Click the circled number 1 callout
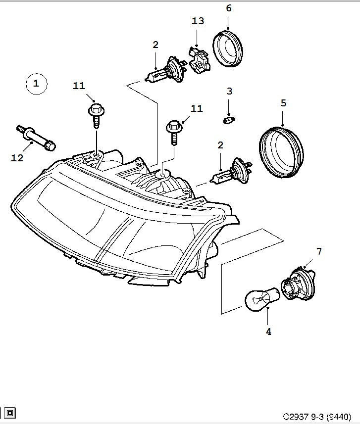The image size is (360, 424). (x=37, y=84)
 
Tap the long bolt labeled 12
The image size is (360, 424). (x=36, y=138)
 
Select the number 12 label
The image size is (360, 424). (x=17, y=158)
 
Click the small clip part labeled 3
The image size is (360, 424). (x=229, y=120)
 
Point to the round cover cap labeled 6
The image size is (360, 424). (x=228, y=48)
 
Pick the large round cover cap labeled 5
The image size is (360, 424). (x=281, y=151)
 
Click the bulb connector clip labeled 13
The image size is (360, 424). (x=200, y=60)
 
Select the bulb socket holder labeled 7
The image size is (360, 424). (x=298, y=284)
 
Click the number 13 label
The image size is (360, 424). (x=198, y=21)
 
